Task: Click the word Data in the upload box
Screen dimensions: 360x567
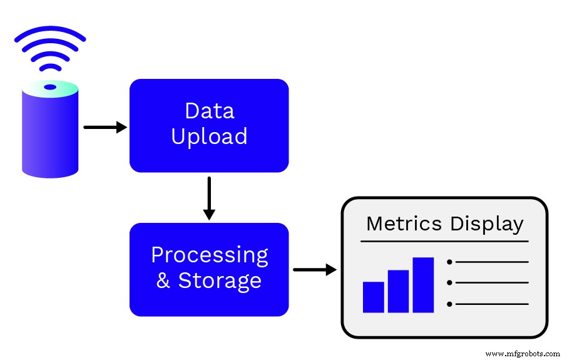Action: click(x=209, y=111)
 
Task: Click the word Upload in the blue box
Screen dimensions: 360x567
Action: click(x=209, y=136)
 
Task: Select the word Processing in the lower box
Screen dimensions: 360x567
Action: click(x=209, y=255)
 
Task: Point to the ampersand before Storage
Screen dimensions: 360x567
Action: click(x=163, y=280)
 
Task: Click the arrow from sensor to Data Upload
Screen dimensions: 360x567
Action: click(x=105, y=127)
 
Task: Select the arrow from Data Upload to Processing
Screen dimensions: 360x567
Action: click(x=209, y=198)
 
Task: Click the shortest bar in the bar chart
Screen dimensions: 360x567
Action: click(x=374, y=297)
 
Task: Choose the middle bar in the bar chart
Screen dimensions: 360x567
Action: click(x=398, y=291)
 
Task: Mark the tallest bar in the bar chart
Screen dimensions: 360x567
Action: click(x=423, y=285)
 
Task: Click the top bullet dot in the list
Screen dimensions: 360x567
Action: click(x=449, y=262)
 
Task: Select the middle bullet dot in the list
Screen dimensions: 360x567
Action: click(x=449, y=283)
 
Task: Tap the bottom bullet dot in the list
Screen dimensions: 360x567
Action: click(x=449, y=304)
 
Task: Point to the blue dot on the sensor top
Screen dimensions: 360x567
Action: click(x=50, y=87)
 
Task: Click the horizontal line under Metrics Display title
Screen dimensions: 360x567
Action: click(x=444, y=241)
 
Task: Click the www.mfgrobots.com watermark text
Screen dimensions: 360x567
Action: click(x=523, y=354)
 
